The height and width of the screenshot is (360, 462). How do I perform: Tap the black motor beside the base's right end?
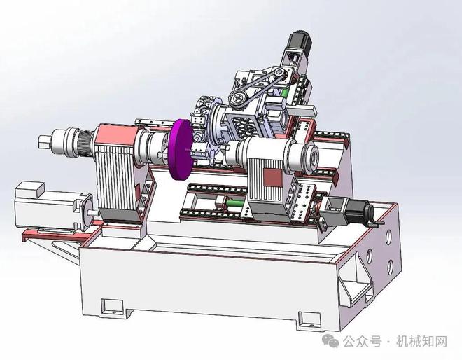[361, 211]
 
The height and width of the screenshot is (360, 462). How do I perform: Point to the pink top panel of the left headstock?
[116, 134]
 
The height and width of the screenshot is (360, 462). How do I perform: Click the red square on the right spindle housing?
[272, 177]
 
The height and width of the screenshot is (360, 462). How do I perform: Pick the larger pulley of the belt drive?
[239, 98]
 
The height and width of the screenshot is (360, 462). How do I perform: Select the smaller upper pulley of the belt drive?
[279, 73]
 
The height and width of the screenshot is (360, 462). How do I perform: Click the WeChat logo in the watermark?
[330, 340]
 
